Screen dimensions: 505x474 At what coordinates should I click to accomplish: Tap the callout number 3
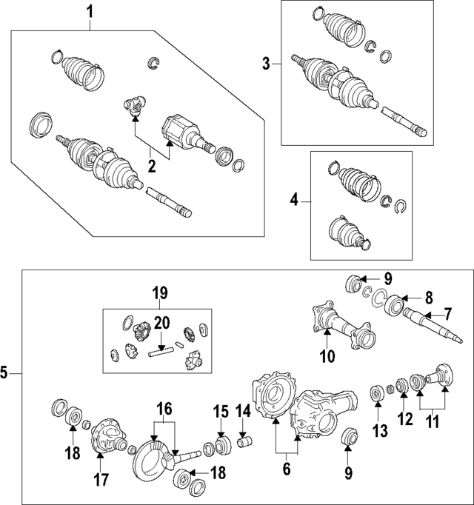267,64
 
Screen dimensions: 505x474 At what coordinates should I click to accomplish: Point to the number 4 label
294,199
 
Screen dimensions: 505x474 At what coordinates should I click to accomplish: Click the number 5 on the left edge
5,374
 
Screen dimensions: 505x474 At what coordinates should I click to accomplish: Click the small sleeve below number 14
245,444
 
